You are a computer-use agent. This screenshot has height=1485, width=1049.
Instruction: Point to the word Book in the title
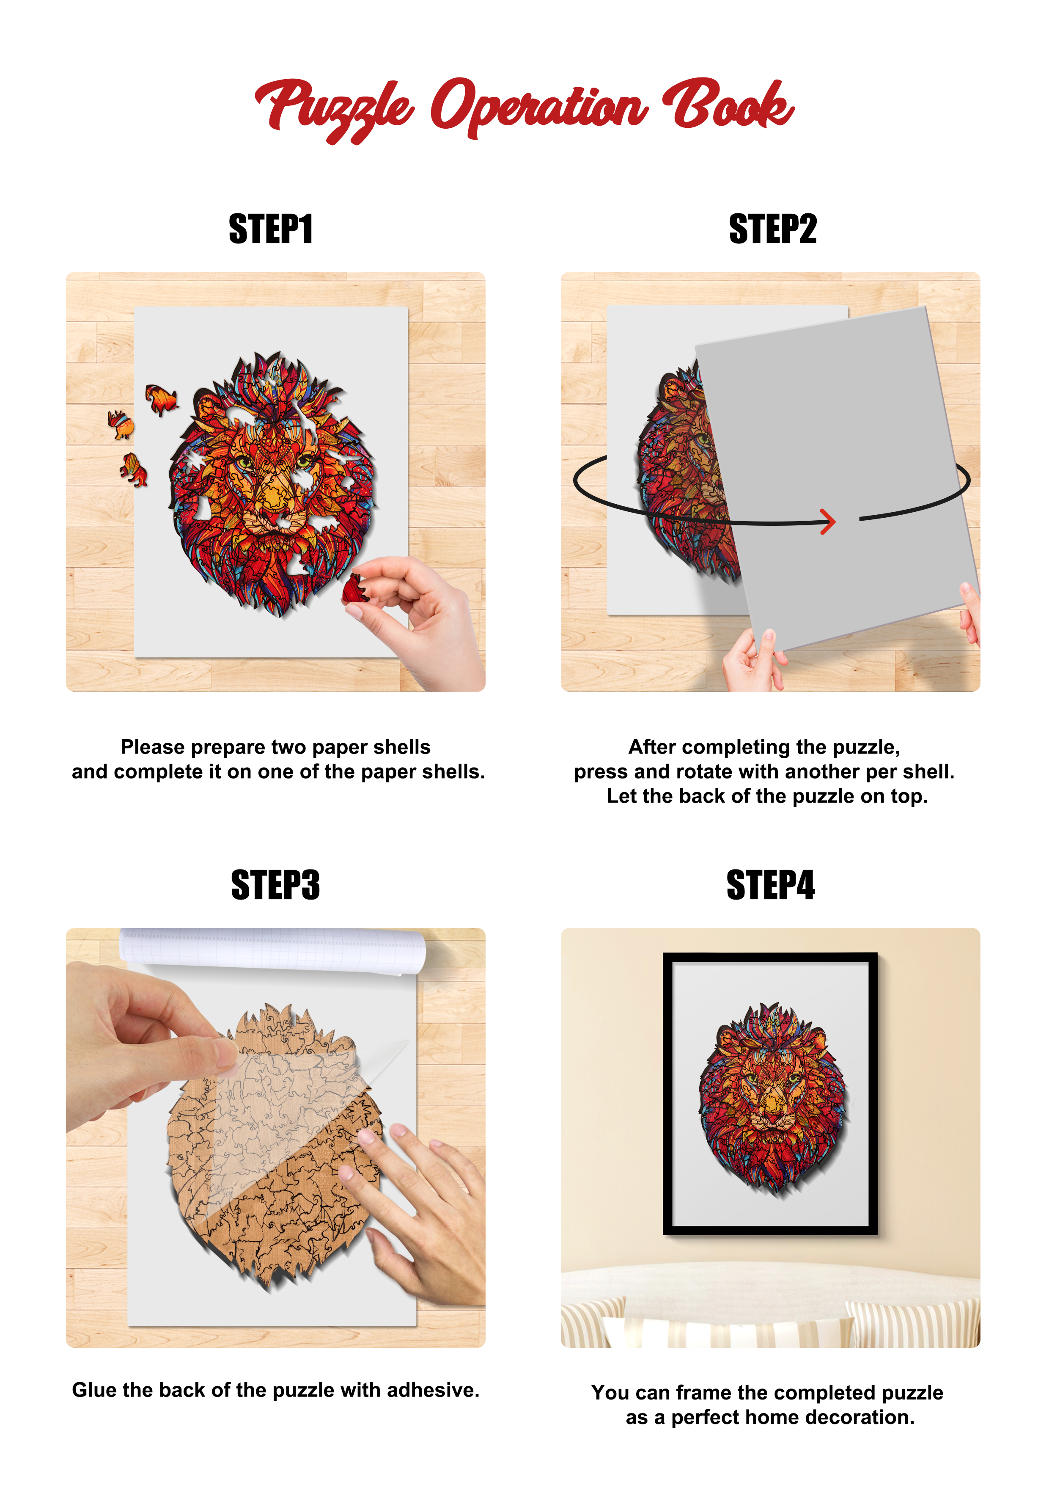click(x=728, y=103)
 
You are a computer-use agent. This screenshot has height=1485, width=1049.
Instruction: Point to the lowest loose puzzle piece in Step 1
click(x=134, y=469)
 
